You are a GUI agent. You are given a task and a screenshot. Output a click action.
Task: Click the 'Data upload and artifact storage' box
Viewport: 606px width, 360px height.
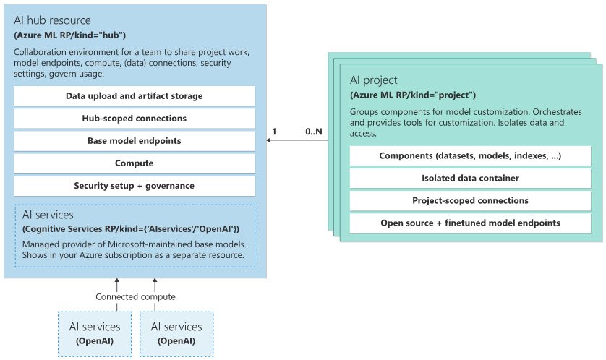click(x=134, y=96)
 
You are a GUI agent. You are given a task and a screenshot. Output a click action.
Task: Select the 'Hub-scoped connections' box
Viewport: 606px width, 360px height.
click(x=134, y=119)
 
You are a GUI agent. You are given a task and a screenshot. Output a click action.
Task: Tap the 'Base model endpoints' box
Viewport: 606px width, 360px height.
click(x=134, y=141)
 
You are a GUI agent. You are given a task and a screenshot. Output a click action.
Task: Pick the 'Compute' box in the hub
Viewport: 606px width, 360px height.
click(x=134, y=163)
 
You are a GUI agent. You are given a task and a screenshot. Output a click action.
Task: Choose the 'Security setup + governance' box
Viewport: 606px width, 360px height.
click(x=134, y=186)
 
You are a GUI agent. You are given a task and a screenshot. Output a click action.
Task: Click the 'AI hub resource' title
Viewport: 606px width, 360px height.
click(x=52, y=20)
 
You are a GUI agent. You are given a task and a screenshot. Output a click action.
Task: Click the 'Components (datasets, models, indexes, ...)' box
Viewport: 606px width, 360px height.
click(x=470, y=156)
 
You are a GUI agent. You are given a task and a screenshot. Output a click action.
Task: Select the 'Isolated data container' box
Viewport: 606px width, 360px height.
click(x=470, y=178)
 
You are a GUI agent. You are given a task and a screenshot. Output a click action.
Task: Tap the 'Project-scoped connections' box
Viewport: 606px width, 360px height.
click(x=470, y=200)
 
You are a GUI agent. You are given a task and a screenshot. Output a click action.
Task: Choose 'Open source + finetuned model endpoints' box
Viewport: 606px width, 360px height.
click(x=470, y=223)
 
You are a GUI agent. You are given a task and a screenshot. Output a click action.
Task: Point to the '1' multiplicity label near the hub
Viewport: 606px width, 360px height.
click(x=273, y=132)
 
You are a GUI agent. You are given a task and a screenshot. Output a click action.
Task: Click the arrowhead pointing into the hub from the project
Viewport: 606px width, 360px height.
click(x=269, y=141)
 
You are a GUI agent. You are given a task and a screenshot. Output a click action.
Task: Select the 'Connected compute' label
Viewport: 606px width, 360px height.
click(x=135, y=297)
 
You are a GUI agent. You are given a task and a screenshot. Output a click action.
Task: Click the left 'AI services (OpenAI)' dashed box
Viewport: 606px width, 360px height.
click(x=95, y=334)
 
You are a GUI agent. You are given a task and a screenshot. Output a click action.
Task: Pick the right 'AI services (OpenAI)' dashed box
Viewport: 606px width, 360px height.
click(x=176, y=334)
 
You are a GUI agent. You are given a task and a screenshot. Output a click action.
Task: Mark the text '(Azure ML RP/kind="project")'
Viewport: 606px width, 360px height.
click(x=413, y=95)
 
